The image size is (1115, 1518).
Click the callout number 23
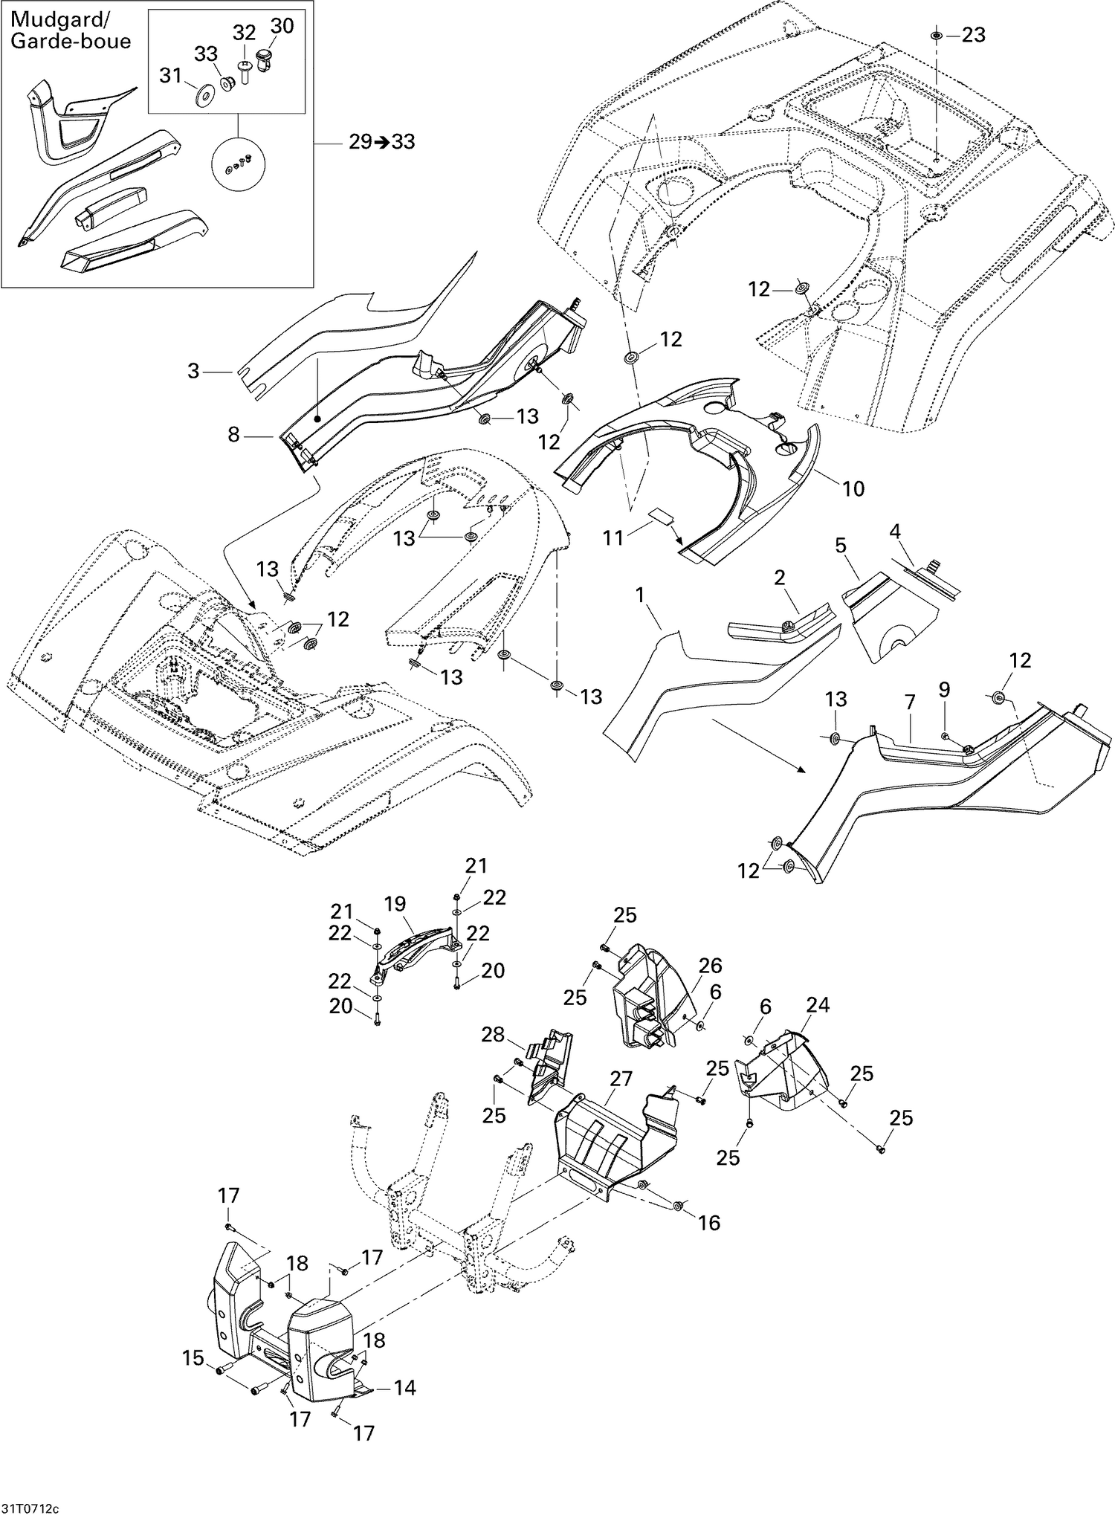click(973, 35)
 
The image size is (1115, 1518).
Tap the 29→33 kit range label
click(381, 141)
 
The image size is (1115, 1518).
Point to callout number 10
click(853, 488)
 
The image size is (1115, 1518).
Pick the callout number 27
click(621, 1079)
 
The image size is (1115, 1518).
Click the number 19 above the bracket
click(395, 904)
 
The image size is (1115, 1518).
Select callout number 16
click(709, 1222)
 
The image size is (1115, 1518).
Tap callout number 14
click(405, 1387)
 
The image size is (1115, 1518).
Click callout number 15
click(193, 1358)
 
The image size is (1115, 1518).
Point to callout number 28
click(493, 1034)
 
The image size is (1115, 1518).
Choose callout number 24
click(818, 1005)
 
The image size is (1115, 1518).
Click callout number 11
click(613, 537)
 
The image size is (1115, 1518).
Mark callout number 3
click(193, 370)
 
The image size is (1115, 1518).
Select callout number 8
click(233, 435)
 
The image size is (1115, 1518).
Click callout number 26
click(710, 966)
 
